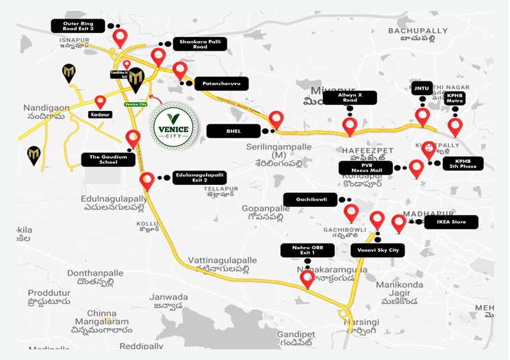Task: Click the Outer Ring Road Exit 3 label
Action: tap(79, 26)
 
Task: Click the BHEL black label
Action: tap(233, 130)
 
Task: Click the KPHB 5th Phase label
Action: tap(463, 163)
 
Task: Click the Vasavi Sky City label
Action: tap(377, 250)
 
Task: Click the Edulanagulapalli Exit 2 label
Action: tap(199, 178)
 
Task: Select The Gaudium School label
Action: tap(104, 159)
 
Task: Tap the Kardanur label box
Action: tap(100, 116)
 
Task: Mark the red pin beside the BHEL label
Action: tap(276, 120)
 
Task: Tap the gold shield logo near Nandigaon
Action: tap(69, 73)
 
